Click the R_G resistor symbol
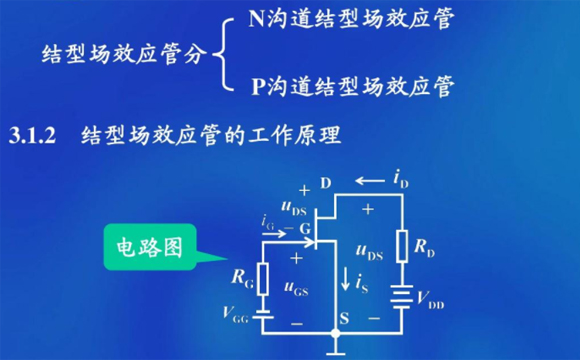(263, 279)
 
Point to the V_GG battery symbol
(263, 315)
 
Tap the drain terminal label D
(325, 183)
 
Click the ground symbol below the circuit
(333, 351)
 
